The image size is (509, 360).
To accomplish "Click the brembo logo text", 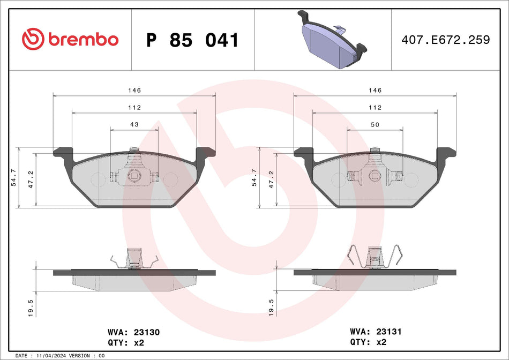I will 83,39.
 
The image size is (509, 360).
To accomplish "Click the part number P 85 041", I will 192,40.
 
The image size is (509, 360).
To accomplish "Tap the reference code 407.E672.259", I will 446,40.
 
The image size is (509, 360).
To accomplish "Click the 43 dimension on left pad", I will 134,124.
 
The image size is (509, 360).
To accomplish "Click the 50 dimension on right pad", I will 375,124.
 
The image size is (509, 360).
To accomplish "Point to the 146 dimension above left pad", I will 134,91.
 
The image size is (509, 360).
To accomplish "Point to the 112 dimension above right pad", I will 375,108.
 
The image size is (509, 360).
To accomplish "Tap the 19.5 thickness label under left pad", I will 31,309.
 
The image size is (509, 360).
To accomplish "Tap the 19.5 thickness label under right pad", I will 271,309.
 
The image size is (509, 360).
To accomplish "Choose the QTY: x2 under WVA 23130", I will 126,342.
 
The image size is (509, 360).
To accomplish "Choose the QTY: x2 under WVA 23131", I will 368,342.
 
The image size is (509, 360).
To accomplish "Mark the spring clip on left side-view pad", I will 134,259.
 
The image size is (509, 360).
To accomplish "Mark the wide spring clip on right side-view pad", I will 375,256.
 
